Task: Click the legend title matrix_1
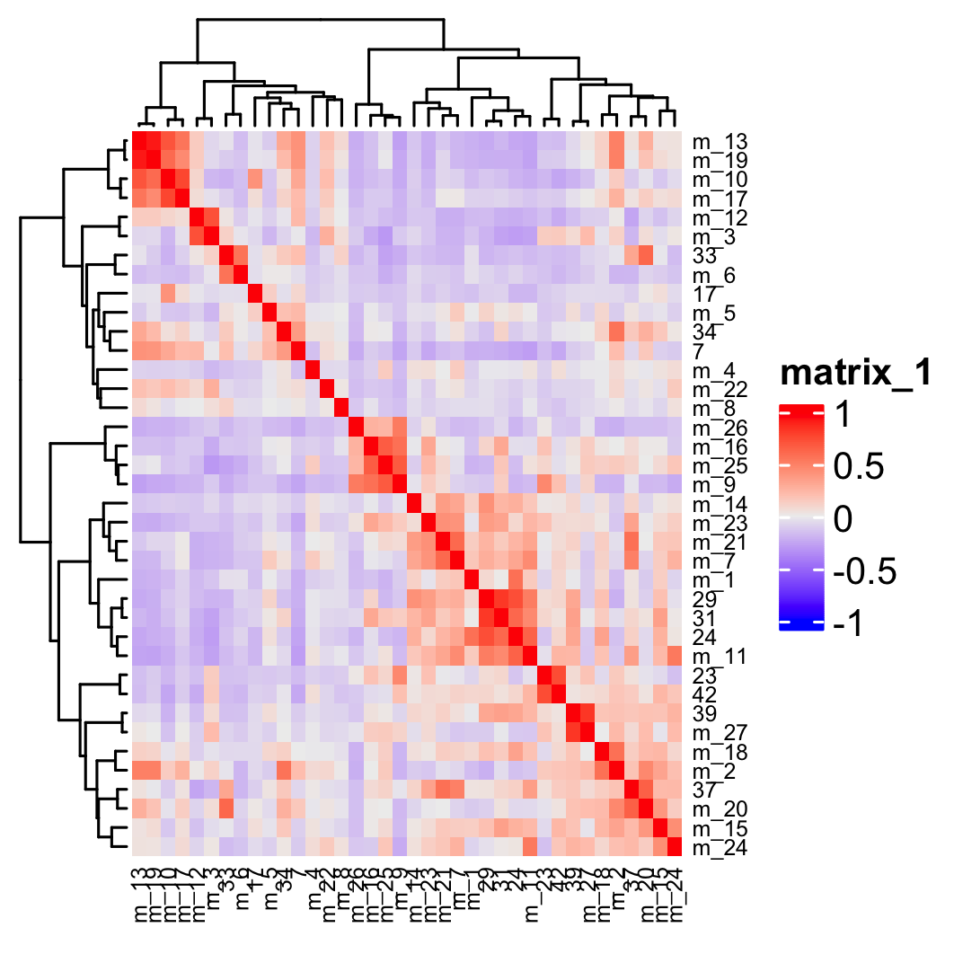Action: click(x=853, y=372)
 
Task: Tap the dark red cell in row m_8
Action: click(x=341, y=408)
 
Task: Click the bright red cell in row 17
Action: click(x=256, y=294)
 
